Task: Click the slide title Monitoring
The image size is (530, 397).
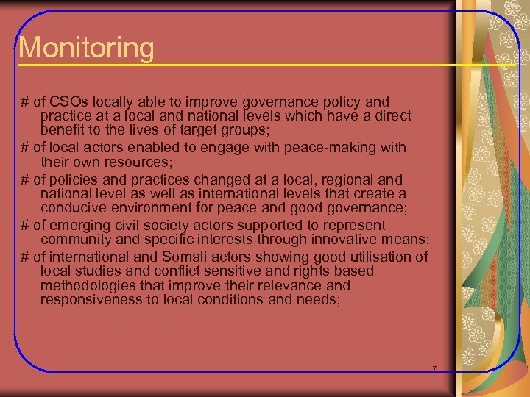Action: tap(87, 49)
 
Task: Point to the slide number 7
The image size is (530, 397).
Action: tap(434, 368)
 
